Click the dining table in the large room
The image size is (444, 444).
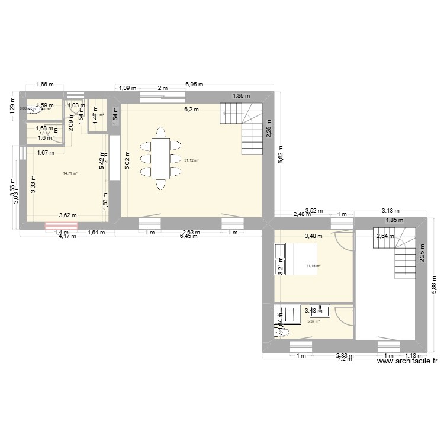pos(160,157)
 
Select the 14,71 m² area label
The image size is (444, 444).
pos(70,173)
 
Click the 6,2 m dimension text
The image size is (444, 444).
pos(191,109)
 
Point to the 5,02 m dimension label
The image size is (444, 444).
pos(126,160)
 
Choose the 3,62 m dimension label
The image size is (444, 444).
pos(69,215)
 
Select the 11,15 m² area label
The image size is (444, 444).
pos(313,266)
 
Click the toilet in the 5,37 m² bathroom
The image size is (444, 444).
pos(282,333)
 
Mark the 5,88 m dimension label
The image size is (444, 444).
pos(433,287)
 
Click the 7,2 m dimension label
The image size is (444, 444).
pos(345,359)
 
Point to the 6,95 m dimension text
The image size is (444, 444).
pos(193,85)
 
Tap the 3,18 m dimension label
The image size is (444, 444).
pos(391,210)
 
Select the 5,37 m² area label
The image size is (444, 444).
pos(313,321)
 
